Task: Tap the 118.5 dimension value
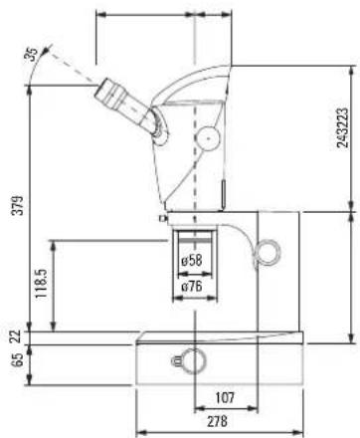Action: [42, 283]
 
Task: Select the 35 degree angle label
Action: [32, 55]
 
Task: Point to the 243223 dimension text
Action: [342, 127]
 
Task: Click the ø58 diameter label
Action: [192, 260]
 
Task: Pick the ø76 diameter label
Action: [192, 286]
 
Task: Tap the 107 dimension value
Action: [225, 397]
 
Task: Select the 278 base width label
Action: [218, 421]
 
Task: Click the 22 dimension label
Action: [18, 336]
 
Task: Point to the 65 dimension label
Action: [18, 359]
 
